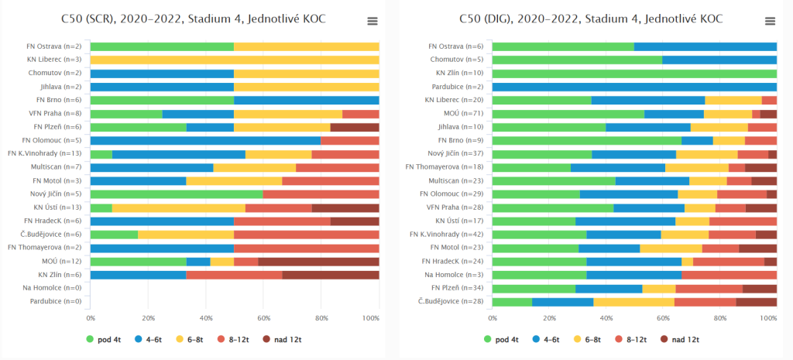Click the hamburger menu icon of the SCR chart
[x=372, y=22]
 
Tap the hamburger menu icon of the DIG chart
[x=770, y=22]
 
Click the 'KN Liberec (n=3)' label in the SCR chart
[x=54, y=60]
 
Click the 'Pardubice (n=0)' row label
[x=57, y=301]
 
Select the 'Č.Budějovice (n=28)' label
[x=451, y=301]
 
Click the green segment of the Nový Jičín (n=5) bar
[x=177, y=194]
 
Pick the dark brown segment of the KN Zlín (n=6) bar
[x=331, y=274]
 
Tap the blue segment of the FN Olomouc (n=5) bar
[x=205, y=140]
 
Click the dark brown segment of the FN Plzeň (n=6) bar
[x=355, y=127]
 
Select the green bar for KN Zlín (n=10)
[x=634, y=74]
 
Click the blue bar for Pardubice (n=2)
[x=634, y=87]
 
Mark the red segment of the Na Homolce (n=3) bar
[x=729, y=274]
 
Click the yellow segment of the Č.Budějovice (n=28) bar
[x=633, y=301]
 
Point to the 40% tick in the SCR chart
[x=206, y=318]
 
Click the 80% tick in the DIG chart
[x=720, y=318]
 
